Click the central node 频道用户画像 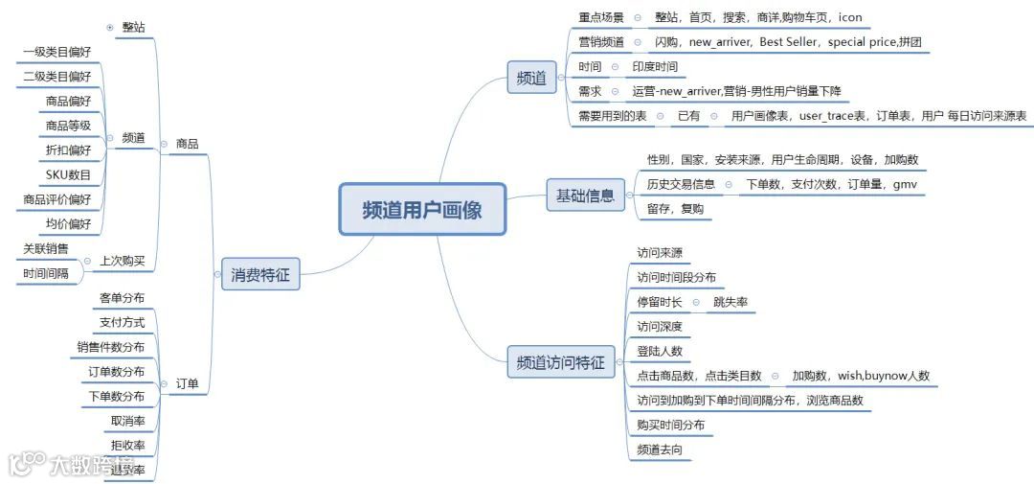click(422, 210)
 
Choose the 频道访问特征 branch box click(560, 362)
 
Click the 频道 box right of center click(531, 78)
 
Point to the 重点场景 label click(601, 17)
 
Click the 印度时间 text click(655, 67)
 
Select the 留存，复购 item click(675, 209)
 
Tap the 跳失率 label click(731, 302)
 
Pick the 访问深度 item click(660, 327)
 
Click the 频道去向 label click(660, 449)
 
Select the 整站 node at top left click(134, 27)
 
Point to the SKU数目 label click(68, 174)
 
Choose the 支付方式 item click(122, 323)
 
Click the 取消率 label click(127, 421)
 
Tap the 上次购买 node click(123, 261)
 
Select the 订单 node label click(187, 384)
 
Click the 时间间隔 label click(46, 274)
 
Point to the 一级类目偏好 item click(56, 52)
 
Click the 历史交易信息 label click(681, 184)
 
